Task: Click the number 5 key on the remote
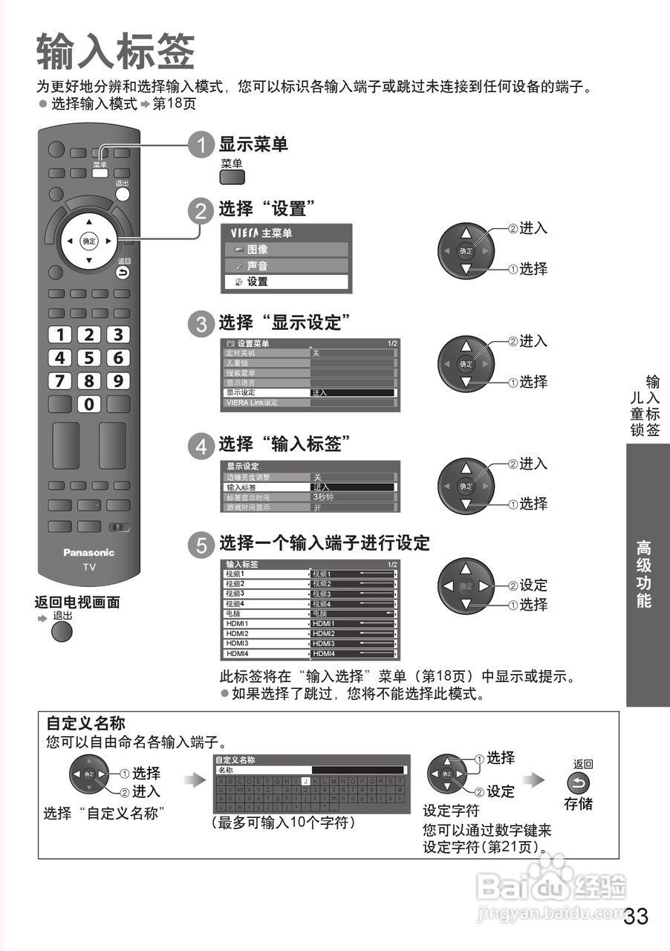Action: click(89, 358)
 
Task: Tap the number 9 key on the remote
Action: click(117, 382)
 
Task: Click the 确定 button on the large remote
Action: click(89, 241)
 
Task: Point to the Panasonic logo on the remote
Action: click(89, 552)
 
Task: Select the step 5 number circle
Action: click(201, 545)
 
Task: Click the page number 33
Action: click(636, 916)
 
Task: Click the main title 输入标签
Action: click(115, 53)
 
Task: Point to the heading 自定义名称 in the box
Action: click(85, 723)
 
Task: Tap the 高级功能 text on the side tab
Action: click(643, 575)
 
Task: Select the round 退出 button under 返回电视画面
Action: click(62, 632)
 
